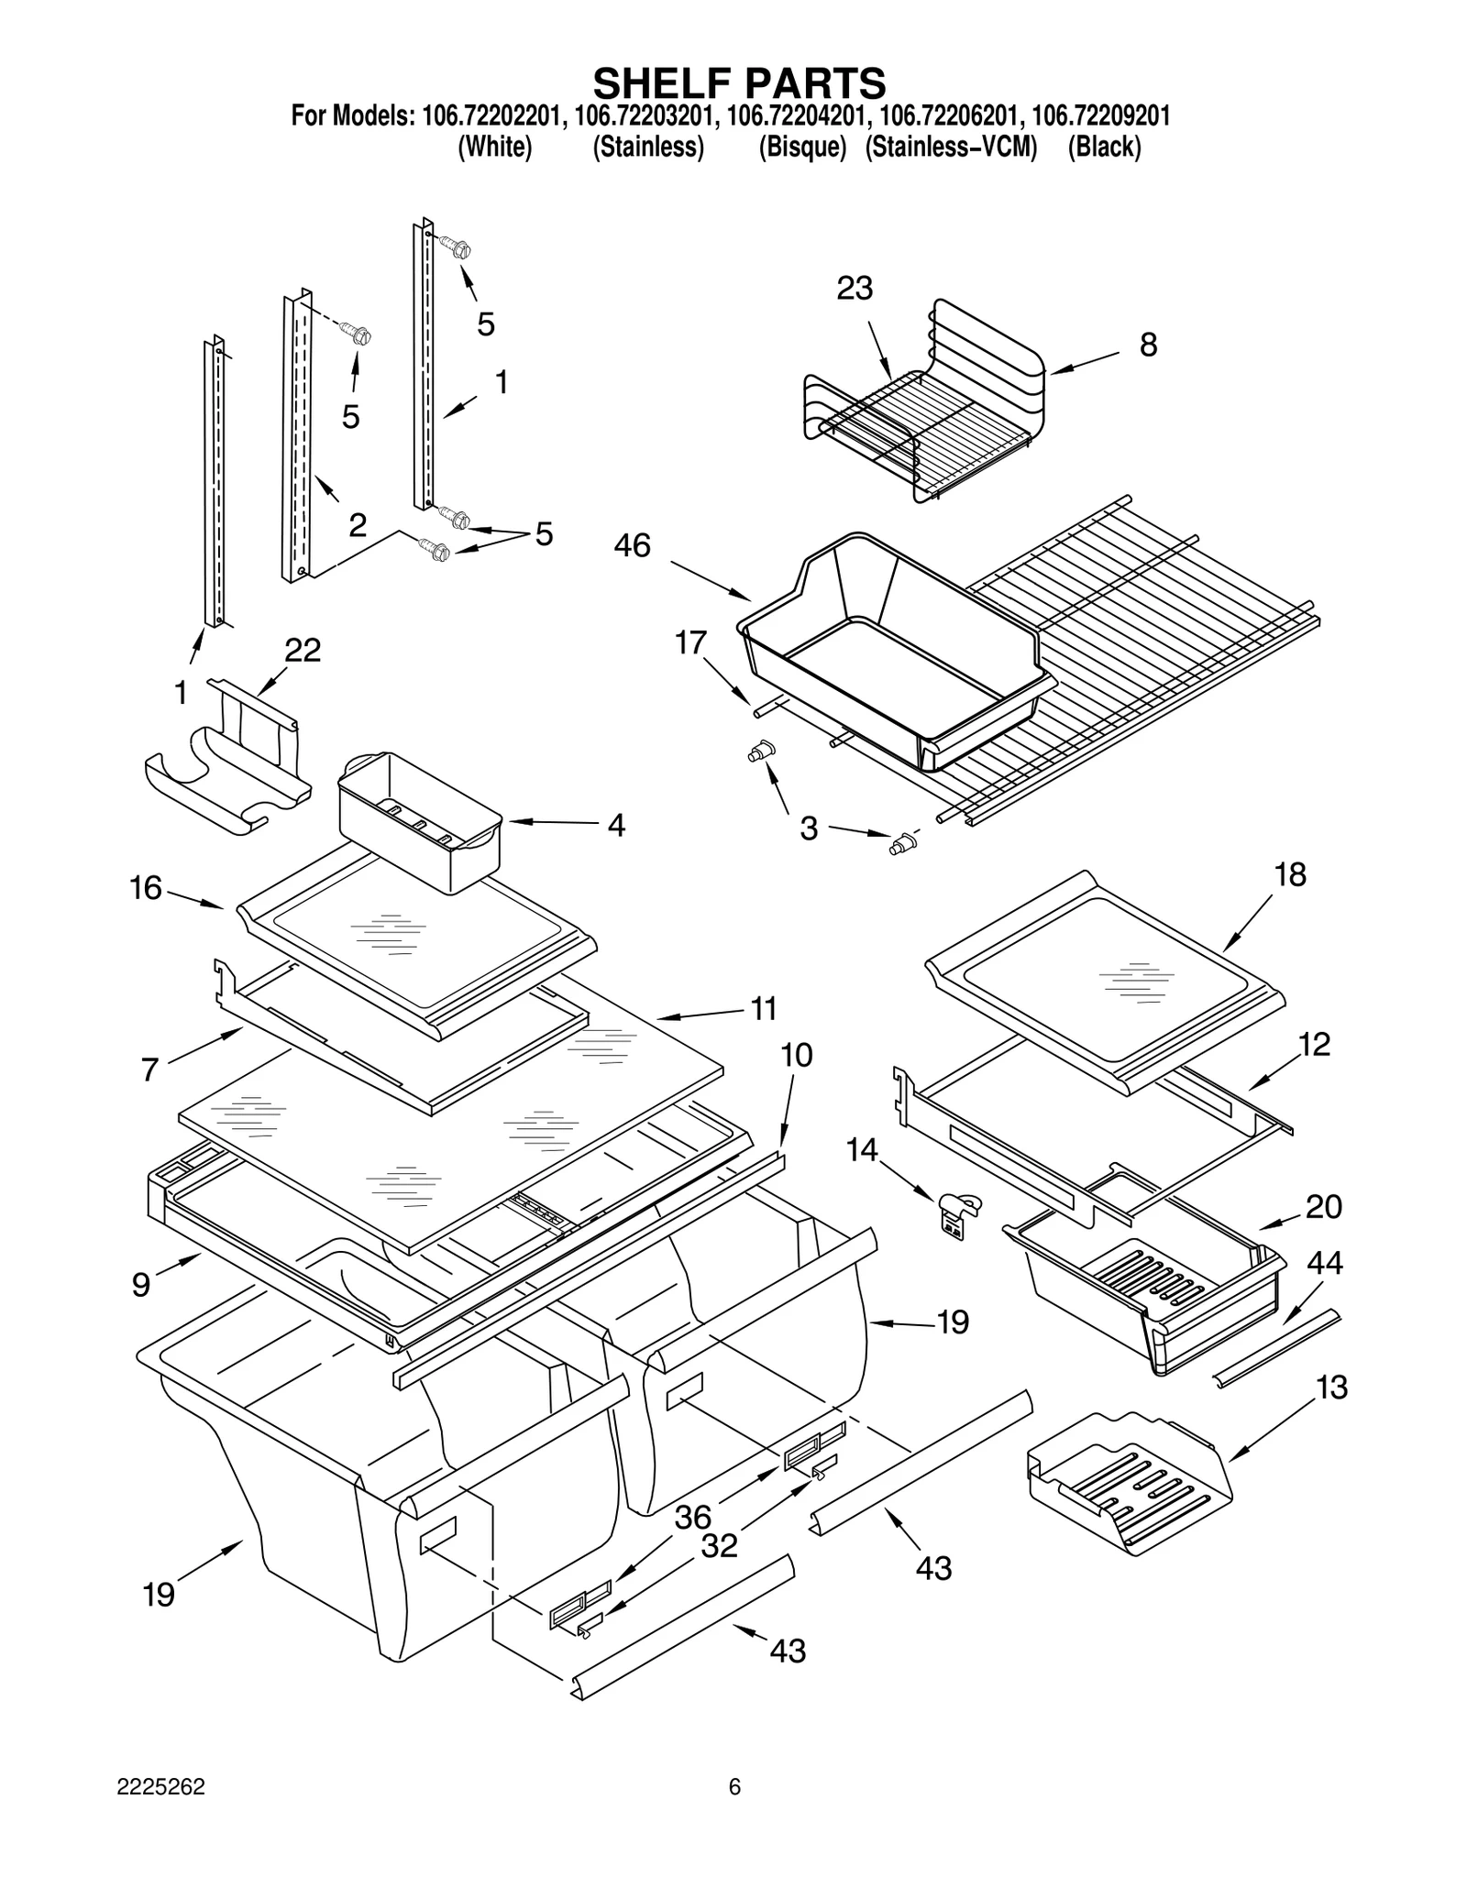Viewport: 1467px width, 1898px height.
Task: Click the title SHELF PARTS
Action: tap(739, 82)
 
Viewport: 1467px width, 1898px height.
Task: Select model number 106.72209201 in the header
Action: tap(1099, 116)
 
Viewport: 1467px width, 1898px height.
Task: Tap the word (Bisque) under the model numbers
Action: tap(801, 147)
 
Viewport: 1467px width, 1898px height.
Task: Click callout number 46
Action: tap(632, 545)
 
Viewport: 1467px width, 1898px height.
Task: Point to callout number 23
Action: tap(855, 288)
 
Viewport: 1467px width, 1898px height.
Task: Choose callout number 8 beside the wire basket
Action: tap(1148, 345)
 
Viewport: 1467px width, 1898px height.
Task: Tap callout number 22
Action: tap(303, 650)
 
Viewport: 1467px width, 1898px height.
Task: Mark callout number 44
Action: tap(1324, 1263)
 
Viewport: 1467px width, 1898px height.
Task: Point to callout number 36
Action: tap(693, 1517)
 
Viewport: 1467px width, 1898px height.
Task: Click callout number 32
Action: tap(719, 1546)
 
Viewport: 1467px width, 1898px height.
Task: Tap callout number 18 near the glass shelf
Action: tap(1289, 874)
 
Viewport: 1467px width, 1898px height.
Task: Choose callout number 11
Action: tap(763, 1008)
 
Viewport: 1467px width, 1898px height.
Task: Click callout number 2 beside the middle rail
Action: tap(358, 524)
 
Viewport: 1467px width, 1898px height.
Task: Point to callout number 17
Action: tap(690, 642)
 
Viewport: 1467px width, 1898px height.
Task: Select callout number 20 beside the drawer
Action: tap(1323, 1206)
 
